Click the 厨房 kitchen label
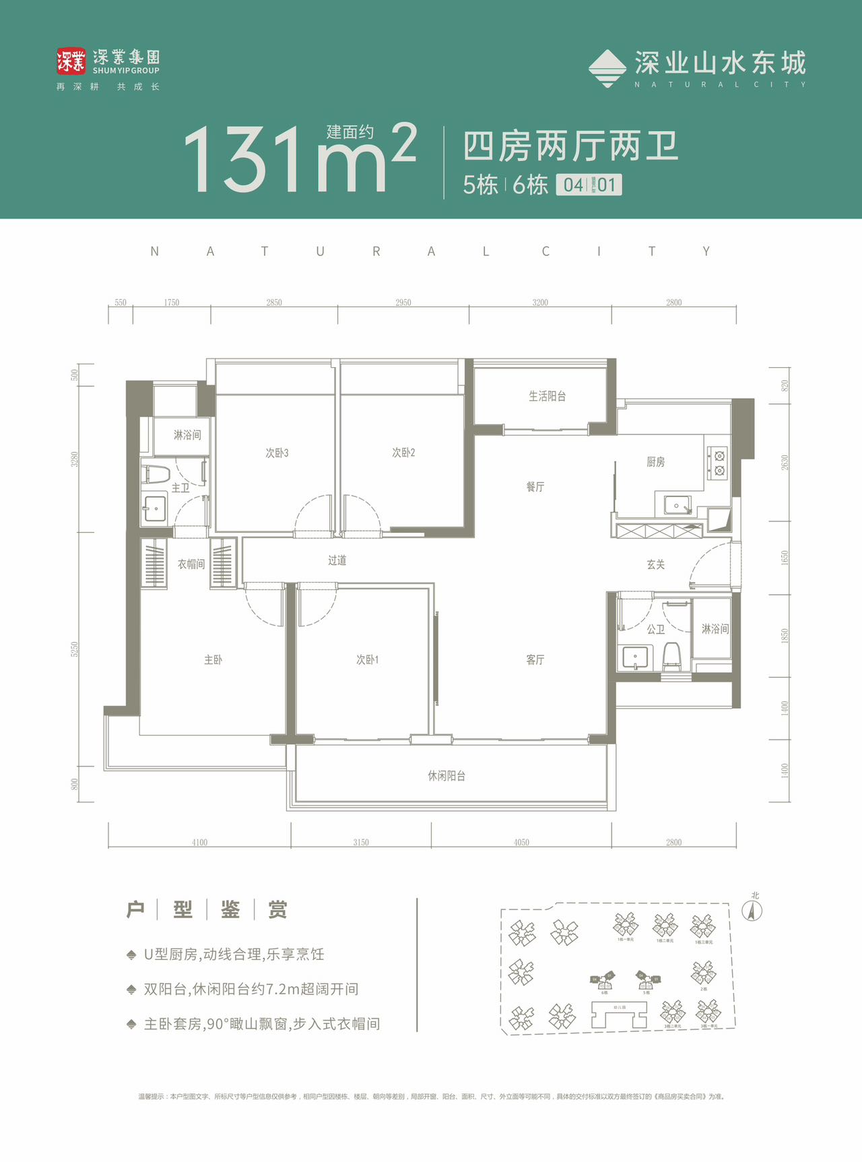(x=655, y=462)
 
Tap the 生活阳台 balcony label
(x=547, y=396)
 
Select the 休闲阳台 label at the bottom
(x=446, y=776)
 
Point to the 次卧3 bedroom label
(x=277, y=453)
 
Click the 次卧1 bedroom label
(x=367, y=659)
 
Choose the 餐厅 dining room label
(x=535, y=486)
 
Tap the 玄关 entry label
(x=655, y=564)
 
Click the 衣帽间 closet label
(x=191, y=564)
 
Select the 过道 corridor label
(x=337, y=560)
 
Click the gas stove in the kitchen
(x=719, y=463)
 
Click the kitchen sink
(x=676, y=505)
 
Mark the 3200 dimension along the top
(x=540, y=302)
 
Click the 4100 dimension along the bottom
(x=199, y=842)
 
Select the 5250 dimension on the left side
(x=75, y=649)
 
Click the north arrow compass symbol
(x=752, y=911)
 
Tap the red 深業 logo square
(x=71, y=61)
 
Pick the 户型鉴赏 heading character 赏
(x=277, y=909)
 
